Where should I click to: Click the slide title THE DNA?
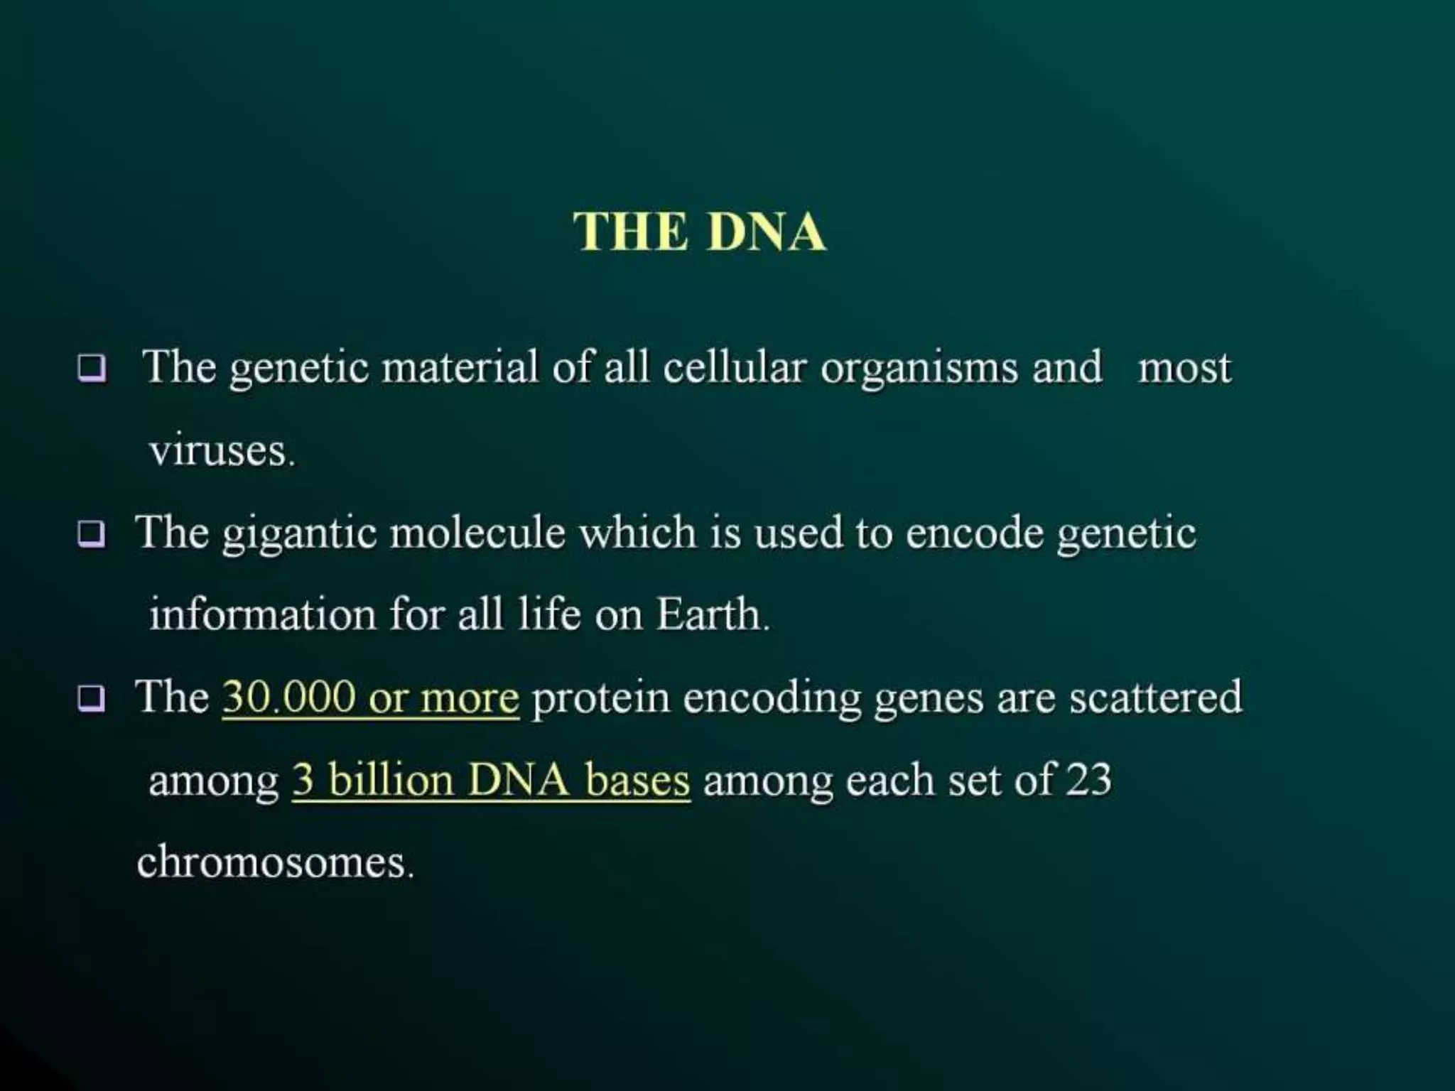[700, 232]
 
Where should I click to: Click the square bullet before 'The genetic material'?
[92, 368]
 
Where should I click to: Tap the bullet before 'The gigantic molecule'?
[92, 534]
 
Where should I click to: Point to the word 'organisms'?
[919, 369]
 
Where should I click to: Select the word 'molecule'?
[477, 533]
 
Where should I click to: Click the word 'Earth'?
[708, 614]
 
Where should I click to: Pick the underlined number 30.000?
[288, 698]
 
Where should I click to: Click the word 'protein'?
[600, 698]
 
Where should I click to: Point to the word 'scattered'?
[1156, 698]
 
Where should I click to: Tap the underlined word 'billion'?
[391, 780]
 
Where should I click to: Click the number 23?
[1088, 780]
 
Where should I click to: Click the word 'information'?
[262, 614]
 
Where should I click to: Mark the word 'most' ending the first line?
[1184, 369]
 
